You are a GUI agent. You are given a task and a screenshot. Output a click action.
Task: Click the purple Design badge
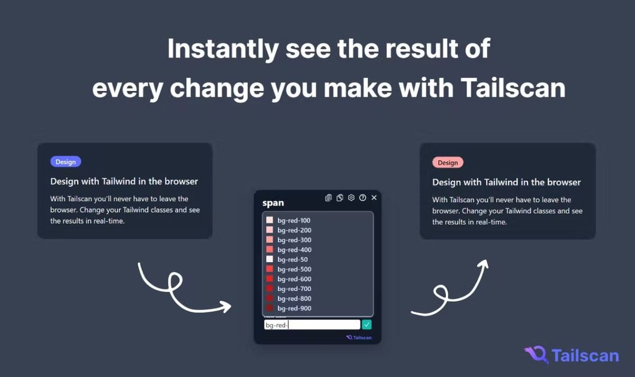pyautogui.click(x=66, y=162)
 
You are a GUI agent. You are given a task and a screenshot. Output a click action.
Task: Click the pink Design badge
pyautogui.click(x=447, y=163)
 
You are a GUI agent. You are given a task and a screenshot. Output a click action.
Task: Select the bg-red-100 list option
pyautogui.click(x=294, y=221)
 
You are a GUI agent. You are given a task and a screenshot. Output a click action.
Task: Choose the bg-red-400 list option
pyautogui.click(x=294, y=250)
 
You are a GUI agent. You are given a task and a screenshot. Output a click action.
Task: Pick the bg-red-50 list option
pyautogui.click(x=292, y=260)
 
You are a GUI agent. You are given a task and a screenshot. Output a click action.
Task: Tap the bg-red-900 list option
pyautogui.click(x=294, y=308)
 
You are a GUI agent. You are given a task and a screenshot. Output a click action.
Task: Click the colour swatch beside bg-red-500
pyautogui.click(x=270, y=269)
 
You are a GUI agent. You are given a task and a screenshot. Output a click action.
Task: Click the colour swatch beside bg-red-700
pyautogui.click(x=270, y=289)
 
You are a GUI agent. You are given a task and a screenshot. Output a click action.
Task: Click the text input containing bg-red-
pyautogui.click(x=312, y=325)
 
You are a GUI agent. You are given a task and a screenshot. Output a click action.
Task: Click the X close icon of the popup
pyautogui.click(x=374, y=197)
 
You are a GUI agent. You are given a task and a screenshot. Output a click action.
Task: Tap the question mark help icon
pyautogui.click(x=362, y=198)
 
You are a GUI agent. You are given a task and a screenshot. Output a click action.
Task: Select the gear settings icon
pyautogui.click(x=351, y=198)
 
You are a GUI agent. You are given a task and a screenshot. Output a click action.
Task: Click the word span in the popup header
pyautogui.click(x=273, y=203)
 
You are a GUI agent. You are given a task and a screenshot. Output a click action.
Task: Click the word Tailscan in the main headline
pyautogui.click(x=513, y=88)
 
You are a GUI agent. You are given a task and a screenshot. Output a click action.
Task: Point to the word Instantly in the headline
pyautogui.click(x=222, y=48)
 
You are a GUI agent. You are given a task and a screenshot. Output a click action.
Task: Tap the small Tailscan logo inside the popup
pyautogui.click(x=359, y=338)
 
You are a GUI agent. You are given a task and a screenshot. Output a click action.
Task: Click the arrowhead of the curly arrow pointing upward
pyautogui.click(x=483, y=264)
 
